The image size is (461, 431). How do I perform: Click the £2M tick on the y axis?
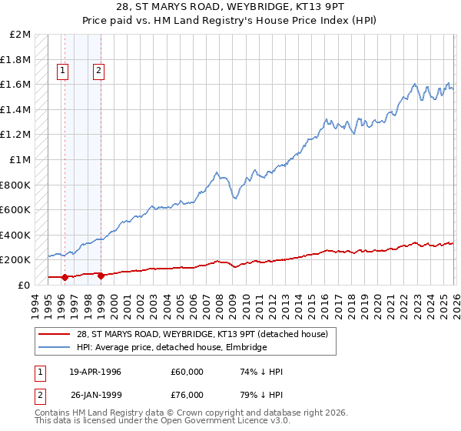pos(21,35)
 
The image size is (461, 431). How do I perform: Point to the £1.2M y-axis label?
pos(16,135)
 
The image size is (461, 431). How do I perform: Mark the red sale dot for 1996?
pos(65,277)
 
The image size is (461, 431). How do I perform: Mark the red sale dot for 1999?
pos(101,275)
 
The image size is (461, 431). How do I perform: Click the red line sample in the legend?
pos(55,334)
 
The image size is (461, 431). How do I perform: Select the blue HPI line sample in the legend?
pos(55,347)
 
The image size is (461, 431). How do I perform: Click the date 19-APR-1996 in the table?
pos(95,372)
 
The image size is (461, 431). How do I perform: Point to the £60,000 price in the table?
pos(187,372)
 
